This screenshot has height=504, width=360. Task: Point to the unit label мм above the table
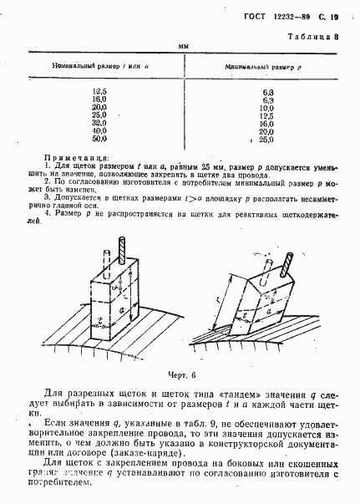[x=181, y=47]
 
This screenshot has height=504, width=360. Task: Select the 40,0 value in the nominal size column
[x=99, y=130]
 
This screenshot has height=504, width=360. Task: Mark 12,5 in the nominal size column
[x=99, y=90]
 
